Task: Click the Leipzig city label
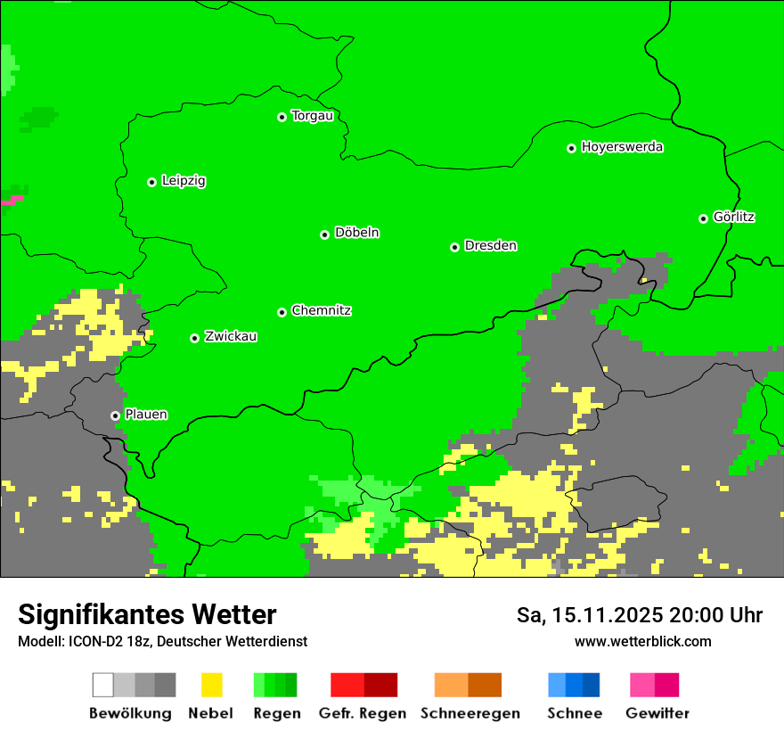tap(184, 181)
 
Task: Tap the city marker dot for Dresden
tap(454, 247)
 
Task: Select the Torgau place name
tap(312, 116)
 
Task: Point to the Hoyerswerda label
tap(622, 147)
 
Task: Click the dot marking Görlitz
tap(703, 218)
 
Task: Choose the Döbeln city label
tap(356, 233)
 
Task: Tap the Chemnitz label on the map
tap(321, 311)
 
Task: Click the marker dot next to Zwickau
tap(194, 338)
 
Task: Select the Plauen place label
tap(146, 415)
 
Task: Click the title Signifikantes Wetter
tap(147, 614)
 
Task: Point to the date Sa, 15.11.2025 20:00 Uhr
tap(639, 615)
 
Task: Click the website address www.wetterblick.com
tap(642, 641)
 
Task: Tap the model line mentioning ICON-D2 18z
tap(162, 641)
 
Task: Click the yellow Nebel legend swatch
tap(211, 685)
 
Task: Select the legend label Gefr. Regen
tap(363, 713)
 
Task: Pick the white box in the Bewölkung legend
tap(103, 685)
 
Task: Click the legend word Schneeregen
tap(470, 713)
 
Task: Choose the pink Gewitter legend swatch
tap(642, 685)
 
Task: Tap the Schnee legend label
tap(574, 713)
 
